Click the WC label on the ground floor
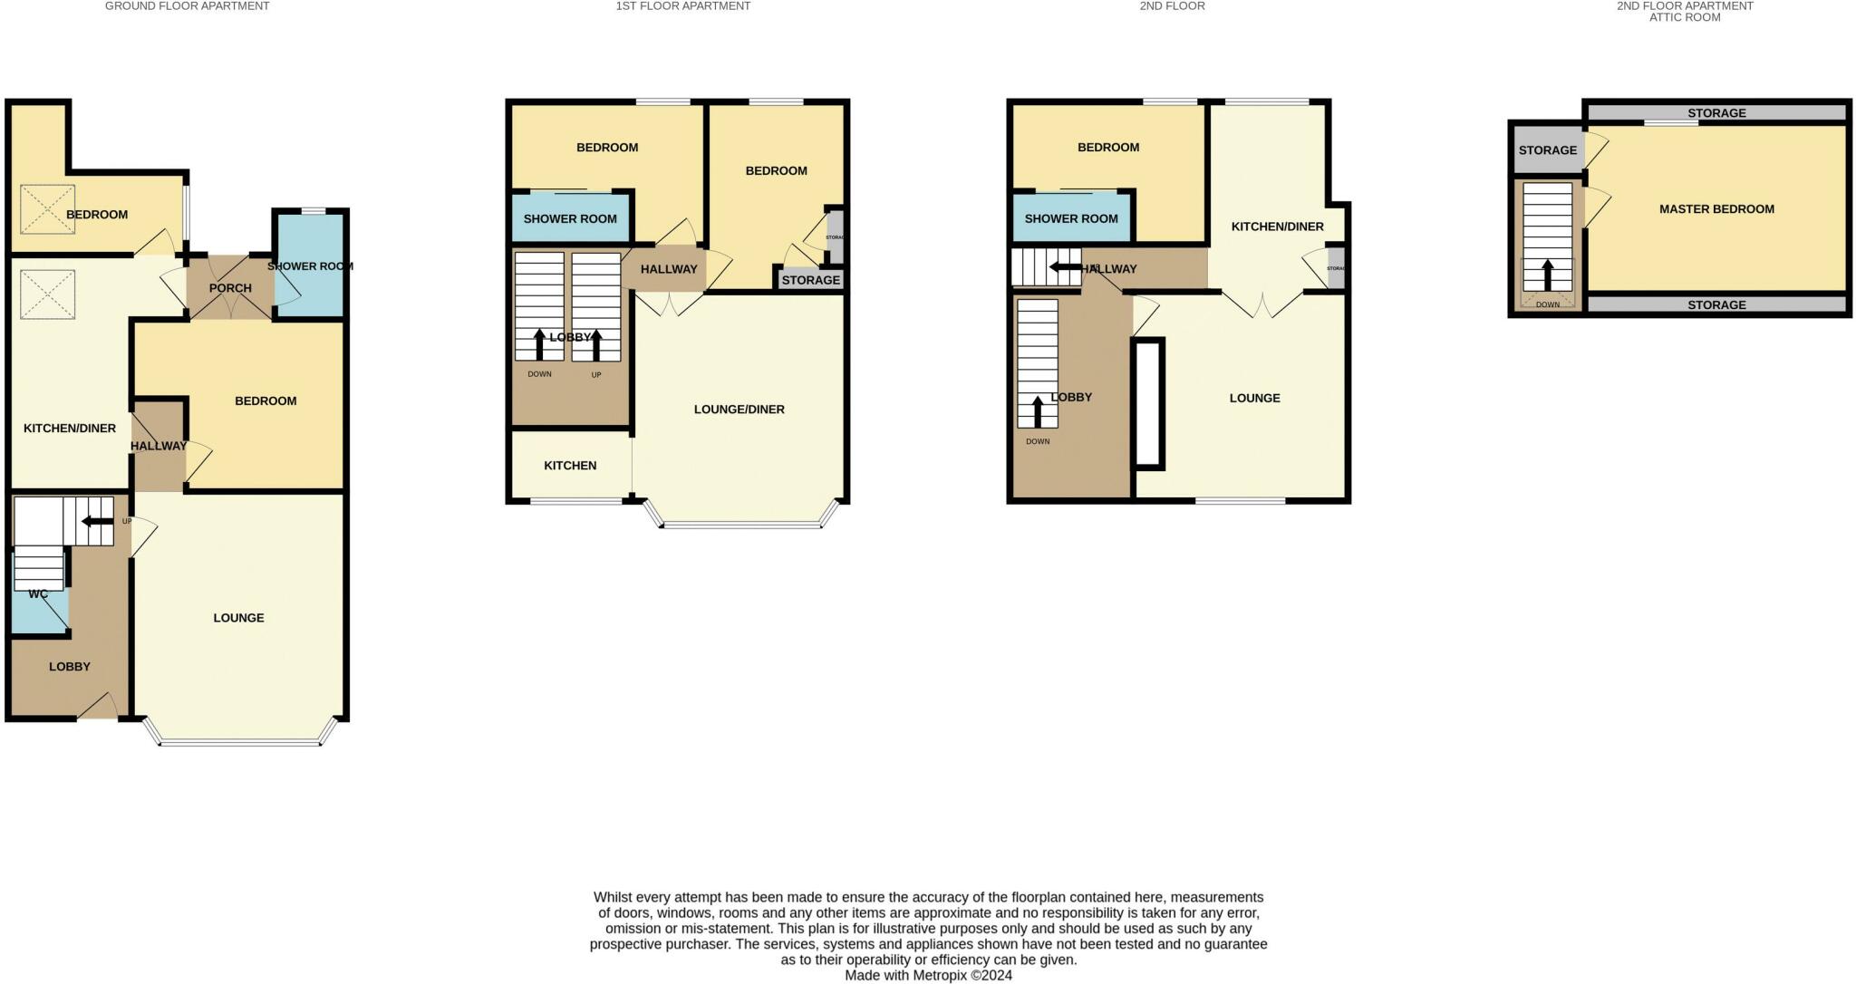(x=38, y=594)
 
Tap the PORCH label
(x=230, y=288)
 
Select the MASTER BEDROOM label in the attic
(x=1716, y=209)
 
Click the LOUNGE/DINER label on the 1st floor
(x=739, y=410)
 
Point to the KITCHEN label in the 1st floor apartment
(x=570, y=466)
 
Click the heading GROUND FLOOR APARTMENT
(x=187, y=6)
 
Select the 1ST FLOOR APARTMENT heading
(x=683, y=6)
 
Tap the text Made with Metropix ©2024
(x=928, y=976)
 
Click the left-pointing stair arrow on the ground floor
(x=92, y=521)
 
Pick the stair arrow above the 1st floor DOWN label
(x=539, y=345)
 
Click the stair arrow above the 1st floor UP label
(x=596, y=345)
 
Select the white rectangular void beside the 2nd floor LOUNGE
(x=1148, y=403)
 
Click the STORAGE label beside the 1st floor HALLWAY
(x=811, y=280)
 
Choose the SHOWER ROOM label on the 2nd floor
(x=1071, y=218)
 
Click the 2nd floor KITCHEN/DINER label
(x=1277, y=227)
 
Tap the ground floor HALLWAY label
(x=159, y=446)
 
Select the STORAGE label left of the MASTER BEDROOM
(x=1548, y=150)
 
